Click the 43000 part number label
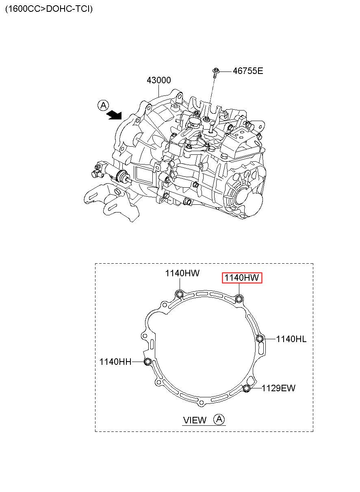coord(158,80)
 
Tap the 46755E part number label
coord(248,71)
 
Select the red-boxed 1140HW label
coord(242,277)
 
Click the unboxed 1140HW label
coord(182,273)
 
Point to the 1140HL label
coord(291,339)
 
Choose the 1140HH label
coord(115,362)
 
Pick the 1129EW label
coord(278,388)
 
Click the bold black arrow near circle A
coord(114,115)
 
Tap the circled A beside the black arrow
coord(103,106)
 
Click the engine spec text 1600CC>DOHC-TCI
coord(49,9)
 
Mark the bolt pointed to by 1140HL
coord(260,338)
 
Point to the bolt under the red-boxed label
coord(239,299)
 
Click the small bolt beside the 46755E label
coord(215,73)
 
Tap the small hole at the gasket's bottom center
coord(201,403)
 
